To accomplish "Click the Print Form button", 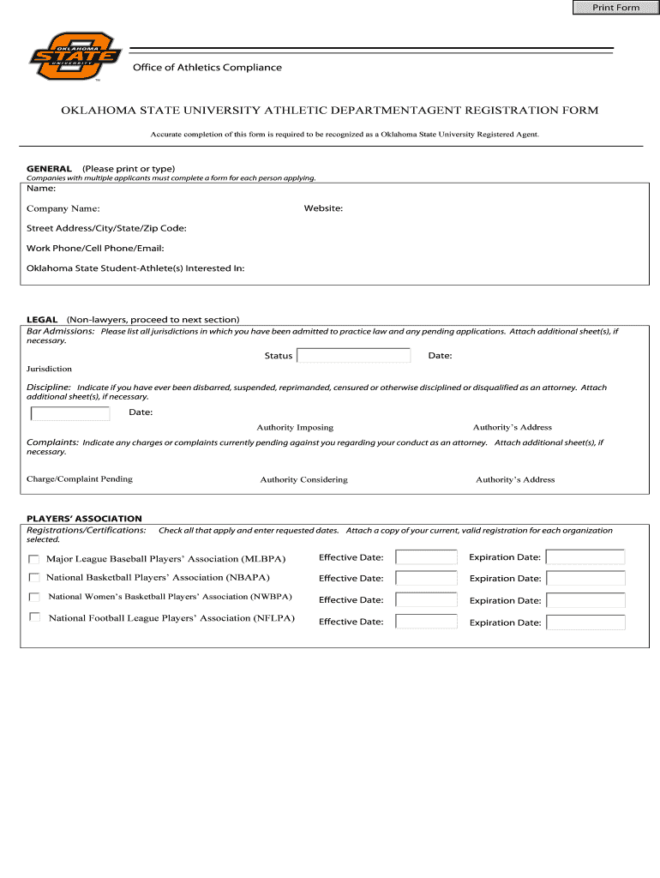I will coord(615,8).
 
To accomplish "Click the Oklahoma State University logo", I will coord(72,58).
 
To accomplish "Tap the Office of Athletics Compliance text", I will coord(207,68).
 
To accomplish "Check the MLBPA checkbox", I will coord(34,558).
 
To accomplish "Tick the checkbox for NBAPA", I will coord(34,578).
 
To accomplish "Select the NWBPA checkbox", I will coord(34,597).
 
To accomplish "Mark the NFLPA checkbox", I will coord(34,617).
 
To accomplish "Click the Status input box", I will coord(353,355).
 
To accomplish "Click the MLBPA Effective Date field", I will coord(426,557).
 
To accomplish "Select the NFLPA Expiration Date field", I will coord(585,622).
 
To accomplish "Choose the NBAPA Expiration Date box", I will coord(585,578).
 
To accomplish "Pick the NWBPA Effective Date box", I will coord(426,600).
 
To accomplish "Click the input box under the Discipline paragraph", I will coord(70,413).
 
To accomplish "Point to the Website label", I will coord(323,208).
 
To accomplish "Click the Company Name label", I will coord(63,208).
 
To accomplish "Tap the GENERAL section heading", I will coord(49,169).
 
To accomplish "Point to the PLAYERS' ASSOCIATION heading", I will coord(84,519).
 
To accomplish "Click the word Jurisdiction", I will coord(49,369).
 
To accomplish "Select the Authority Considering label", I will coord(303,479).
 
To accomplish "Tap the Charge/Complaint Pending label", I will coord(80,478).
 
